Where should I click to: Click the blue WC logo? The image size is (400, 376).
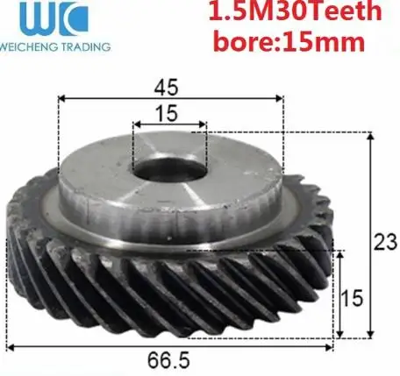(x=54, y=18)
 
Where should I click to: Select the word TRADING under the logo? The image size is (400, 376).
(x=85, y=46)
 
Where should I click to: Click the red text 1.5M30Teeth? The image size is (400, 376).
(x=295, y=11)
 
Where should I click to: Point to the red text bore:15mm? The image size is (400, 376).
(x=289, y=41)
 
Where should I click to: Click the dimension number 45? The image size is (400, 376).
(x=166, y=87)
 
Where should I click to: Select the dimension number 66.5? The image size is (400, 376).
(x=168, y=360)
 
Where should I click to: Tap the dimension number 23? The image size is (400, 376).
(x=385, y=242)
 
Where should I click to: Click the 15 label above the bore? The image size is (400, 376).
(x=167, y=113)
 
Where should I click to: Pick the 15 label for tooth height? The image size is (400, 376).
(x=352, y=298)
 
